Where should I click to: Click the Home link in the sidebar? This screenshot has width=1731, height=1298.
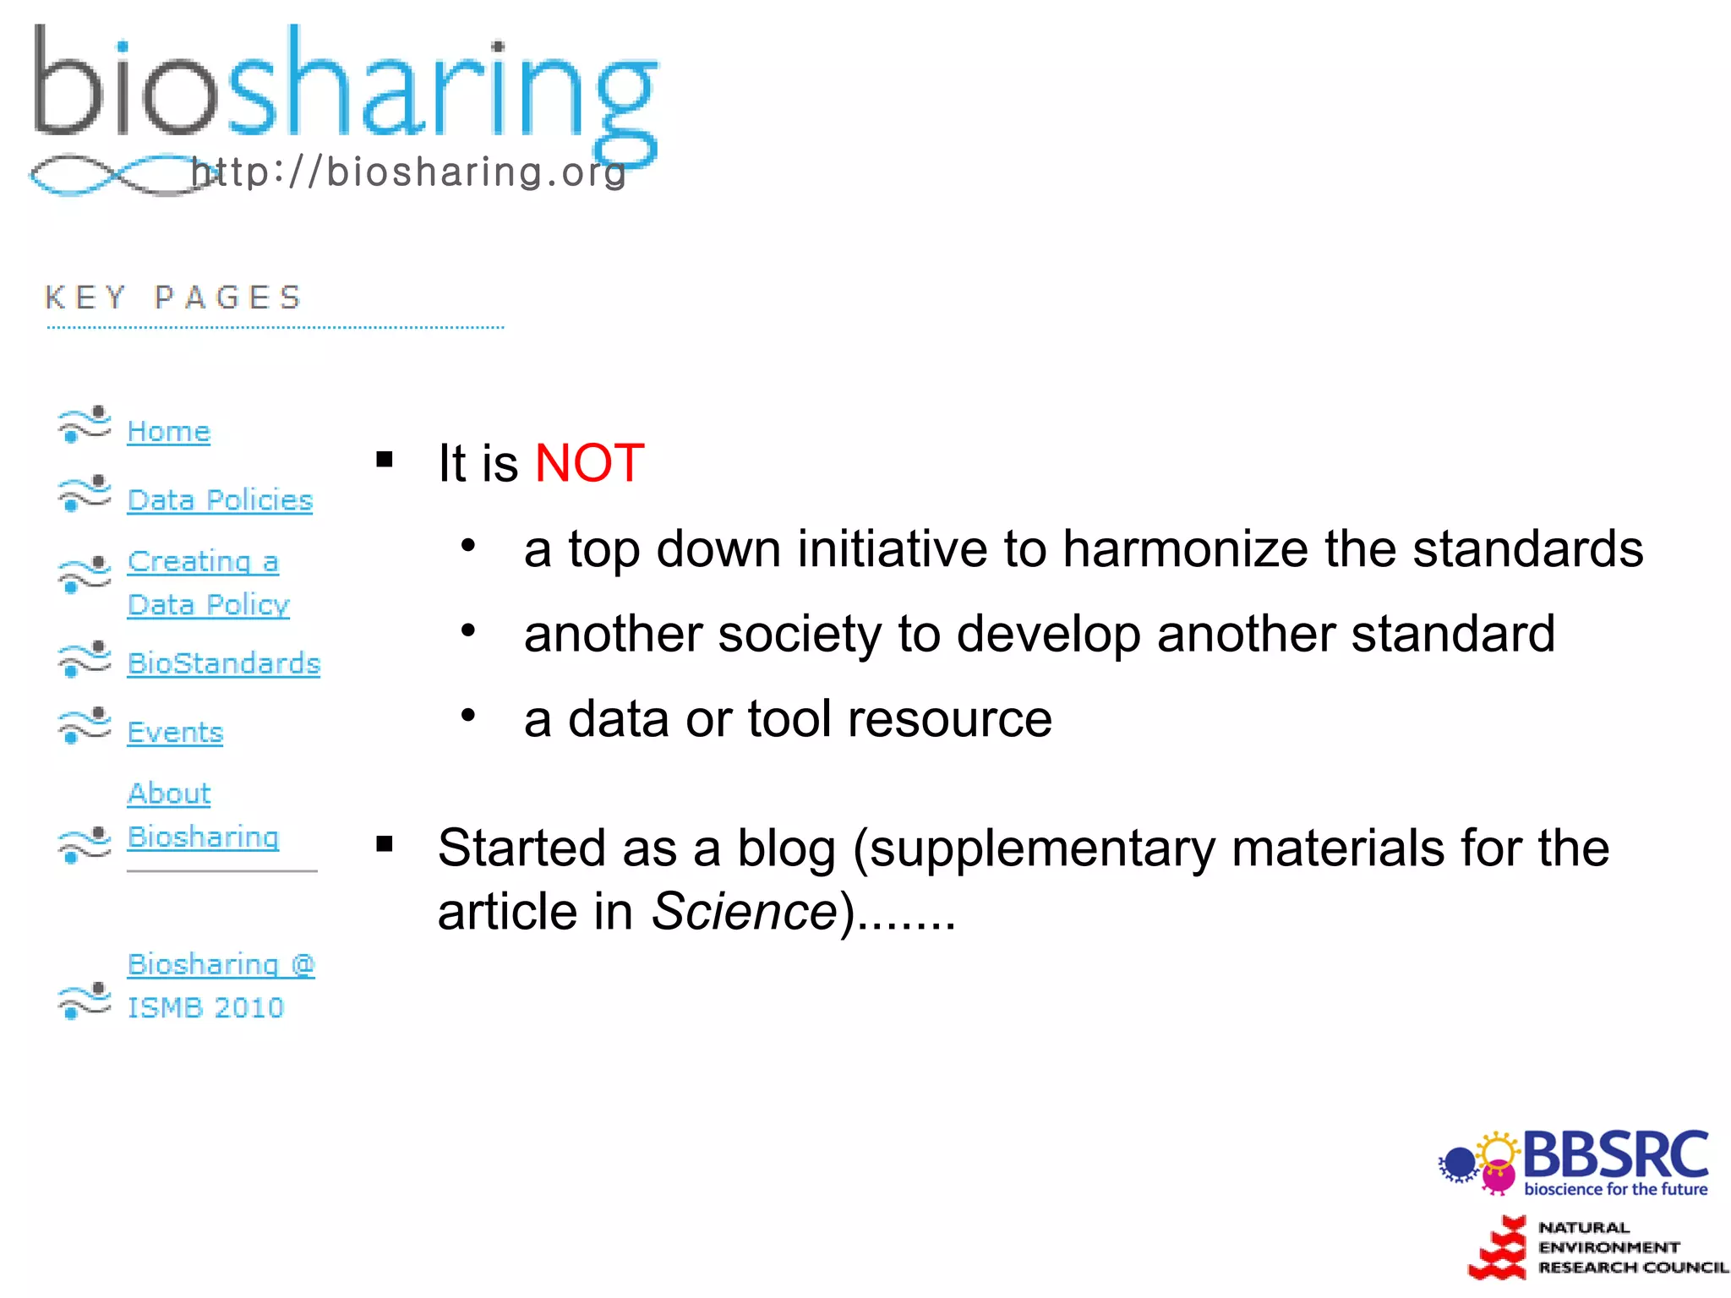tap(168, 432)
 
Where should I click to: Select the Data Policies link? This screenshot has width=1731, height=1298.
tap(220, 500)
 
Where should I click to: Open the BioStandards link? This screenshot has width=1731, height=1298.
tap(224, 664)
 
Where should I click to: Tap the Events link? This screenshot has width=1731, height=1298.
tap(175, 733)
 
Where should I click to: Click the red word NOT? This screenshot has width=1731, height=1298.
tap(590, 464)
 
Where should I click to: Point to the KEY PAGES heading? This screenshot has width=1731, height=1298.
tap(173, 297)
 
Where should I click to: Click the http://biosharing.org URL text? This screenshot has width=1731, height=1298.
tap(409, 172)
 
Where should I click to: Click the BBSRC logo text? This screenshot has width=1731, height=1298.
tap(1615, 1156)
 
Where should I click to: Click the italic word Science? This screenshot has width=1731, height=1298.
tap(744, 913)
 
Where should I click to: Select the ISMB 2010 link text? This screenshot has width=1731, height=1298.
tap(205, 1007)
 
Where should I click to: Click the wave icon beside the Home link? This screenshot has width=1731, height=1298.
tap(85, 424)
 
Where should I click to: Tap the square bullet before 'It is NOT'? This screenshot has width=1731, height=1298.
tap(385, 461)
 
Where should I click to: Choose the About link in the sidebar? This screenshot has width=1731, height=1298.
tap(169, 794)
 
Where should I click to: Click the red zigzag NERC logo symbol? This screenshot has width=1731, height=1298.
tap(1499, 1249)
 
